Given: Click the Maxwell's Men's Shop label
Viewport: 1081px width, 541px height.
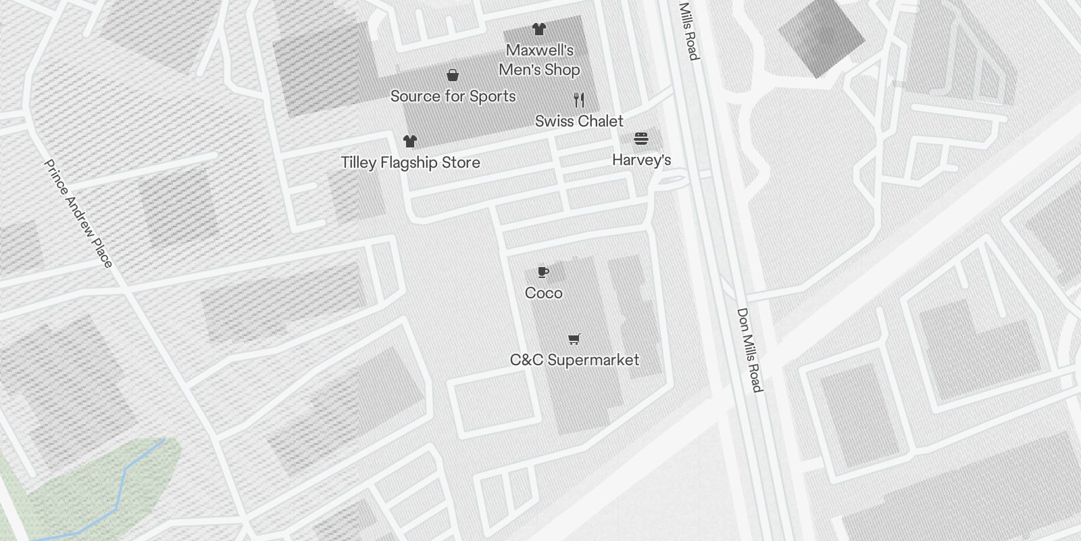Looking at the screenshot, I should (539, 60).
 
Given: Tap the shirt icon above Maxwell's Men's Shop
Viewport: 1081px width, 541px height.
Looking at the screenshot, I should (538, 29).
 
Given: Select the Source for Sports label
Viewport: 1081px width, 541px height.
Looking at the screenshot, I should (453, 96).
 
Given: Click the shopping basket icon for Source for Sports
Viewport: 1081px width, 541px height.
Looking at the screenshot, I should (453, 75).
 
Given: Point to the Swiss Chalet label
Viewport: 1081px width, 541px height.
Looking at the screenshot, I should (579, 121).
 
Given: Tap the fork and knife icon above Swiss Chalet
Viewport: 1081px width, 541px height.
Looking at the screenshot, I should (578, 100).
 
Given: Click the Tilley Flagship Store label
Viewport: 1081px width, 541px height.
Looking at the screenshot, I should (410, 162).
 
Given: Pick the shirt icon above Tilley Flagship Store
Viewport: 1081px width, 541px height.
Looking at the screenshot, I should (409, 141).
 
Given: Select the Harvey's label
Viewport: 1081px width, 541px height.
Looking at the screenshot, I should (641, 160).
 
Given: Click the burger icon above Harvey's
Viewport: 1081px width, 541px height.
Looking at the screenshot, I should (641, 139).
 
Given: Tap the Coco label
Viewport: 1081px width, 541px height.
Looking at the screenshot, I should (543, 293).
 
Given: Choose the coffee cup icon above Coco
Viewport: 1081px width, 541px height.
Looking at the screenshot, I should (543, 272).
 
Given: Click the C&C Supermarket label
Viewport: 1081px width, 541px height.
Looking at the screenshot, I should (574, 360).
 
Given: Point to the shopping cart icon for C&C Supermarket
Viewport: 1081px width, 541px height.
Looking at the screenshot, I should (574, 339).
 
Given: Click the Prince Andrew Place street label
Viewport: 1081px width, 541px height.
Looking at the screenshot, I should (78, 213).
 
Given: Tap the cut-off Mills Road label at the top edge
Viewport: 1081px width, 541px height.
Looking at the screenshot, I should (688, 31).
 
